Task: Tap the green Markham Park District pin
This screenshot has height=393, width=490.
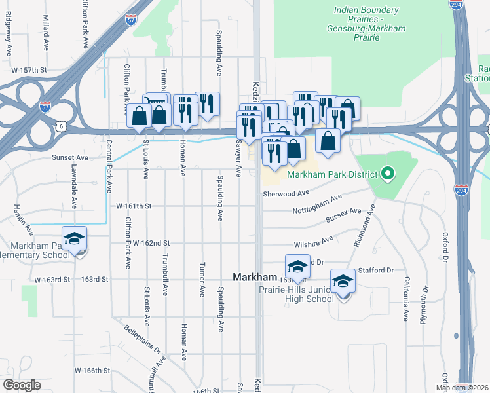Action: pyautogui.click(x=387, y=174)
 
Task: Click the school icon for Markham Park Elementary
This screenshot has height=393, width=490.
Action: pyautogui.click(x=75, y=238)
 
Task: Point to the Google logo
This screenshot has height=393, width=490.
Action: pyautogui.click(x=22, y=385)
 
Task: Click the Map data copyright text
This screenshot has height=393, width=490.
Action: pyautogui.click(x=462, y=388)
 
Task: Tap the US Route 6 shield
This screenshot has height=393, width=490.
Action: pyautogui.click(x=62, y=124)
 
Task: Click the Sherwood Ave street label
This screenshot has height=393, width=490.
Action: pyautogui.click(x=286, y=193)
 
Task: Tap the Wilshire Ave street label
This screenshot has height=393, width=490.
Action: pyautogui.click(x=311, y=242)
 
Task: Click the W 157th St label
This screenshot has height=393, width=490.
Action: pyautogui.click(x=29, y=69)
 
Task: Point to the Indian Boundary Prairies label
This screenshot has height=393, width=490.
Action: pyautogui.click(x=366, y=10)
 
